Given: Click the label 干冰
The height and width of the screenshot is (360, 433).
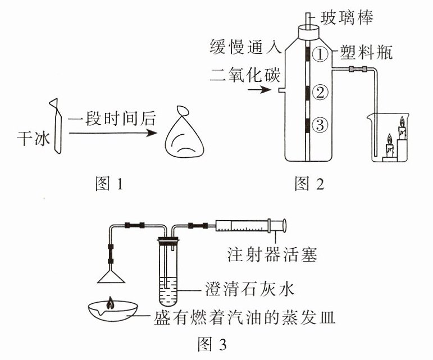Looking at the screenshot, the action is coord(34,138).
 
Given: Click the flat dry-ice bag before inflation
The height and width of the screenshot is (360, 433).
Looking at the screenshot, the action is coord(57,126).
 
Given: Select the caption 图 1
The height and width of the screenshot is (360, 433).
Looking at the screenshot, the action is coord(109,183).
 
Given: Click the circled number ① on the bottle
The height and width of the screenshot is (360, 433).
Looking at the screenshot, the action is coord(320,54).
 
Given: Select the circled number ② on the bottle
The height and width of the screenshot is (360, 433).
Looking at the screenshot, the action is coord(320,93).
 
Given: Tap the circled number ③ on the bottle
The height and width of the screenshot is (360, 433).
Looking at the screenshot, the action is coord(320,125).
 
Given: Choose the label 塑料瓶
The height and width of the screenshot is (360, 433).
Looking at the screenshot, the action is coord(366,52).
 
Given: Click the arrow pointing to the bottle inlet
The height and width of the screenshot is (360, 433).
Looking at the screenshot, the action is coord(259,90).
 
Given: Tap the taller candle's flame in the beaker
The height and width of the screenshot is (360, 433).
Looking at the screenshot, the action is coord(402,121).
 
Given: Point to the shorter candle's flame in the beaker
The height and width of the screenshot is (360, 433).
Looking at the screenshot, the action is coord(390,139).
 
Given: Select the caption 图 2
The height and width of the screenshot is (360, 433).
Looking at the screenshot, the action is coord(309,183).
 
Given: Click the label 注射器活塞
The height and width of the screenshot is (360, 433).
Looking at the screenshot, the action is coord(272,254).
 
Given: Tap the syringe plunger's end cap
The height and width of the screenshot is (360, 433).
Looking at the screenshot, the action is coord(284,225).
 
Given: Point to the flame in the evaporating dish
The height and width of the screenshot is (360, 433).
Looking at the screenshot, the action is coord(111,303).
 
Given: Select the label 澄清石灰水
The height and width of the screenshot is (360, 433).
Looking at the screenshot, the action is coord(250,289).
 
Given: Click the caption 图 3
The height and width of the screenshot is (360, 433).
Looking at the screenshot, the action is coord(212,344).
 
